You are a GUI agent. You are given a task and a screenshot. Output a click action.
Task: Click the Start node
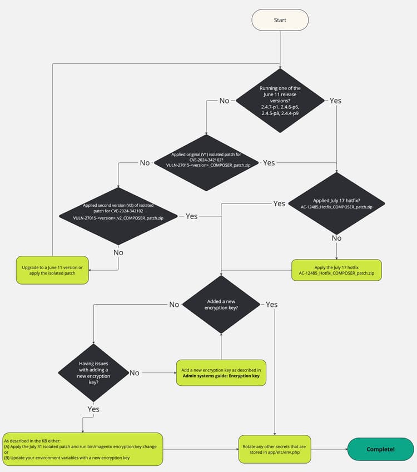(280, 20)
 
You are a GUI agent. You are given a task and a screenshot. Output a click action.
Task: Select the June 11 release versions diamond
(280, 101)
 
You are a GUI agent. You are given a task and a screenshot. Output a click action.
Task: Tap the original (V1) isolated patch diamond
(207, 162)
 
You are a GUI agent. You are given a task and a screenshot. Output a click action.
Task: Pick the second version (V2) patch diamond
(118, 215)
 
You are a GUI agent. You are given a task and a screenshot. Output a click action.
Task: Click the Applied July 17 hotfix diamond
(336, 203)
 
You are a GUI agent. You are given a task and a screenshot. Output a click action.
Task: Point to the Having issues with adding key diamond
(94, 372)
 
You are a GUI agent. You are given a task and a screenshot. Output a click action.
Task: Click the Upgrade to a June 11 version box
(52, 271)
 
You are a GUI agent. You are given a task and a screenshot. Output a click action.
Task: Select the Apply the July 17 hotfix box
(336, 271)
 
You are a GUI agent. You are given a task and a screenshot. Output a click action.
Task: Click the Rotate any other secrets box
(275, 449)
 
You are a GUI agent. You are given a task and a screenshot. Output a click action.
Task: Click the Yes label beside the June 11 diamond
(335, 101)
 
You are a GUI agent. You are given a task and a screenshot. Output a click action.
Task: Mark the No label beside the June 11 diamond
(224, 101)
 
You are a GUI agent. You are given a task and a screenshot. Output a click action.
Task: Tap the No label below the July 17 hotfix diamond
(336, 238)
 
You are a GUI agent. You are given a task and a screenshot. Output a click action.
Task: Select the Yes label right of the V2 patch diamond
(191, 216)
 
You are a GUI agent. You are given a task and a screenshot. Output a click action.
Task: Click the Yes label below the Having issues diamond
(94, 409)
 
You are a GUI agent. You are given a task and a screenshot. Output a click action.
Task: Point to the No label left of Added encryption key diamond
(174, 304)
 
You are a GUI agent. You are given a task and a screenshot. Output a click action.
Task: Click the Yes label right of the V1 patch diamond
(269, 163)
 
